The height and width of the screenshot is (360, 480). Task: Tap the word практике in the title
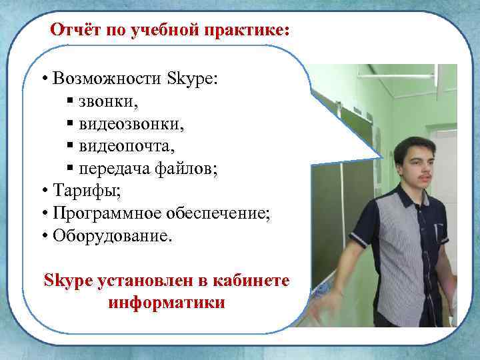[x=247, y=31]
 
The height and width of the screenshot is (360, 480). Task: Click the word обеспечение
[x=220, y=215]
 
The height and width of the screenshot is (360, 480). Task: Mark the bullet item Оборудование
[x=114, y=237]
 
